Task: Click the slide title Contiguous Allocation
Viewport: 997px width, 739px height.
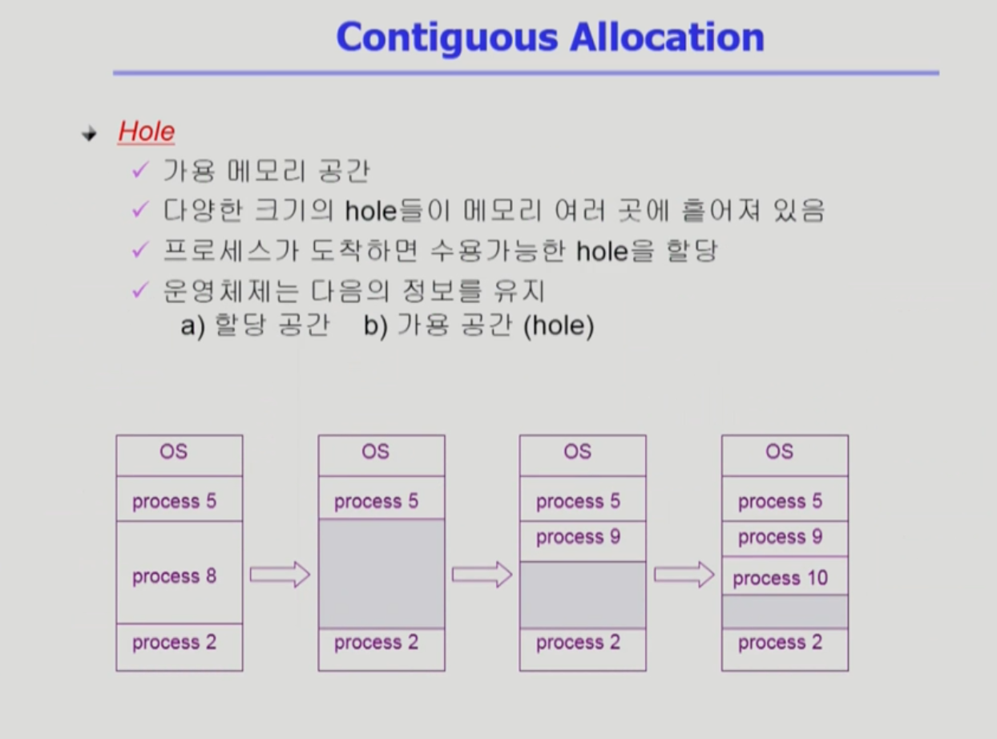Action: coord(550,37)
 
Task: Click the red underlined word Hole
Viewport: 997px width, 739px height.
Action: coord(146,131)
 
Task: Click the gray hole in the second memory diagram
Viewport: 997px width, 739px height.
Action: coord(381,573)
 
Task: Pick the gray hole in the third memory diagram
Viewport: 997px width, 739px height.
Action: coord(582,594)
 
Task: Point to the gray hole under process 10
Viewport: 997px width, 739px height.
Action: coord(784,612)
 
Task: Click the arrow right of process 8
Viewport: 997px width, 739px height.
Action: coord(280,574)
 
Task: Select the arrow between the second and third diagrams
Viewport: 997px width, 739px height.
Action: coord(482,574)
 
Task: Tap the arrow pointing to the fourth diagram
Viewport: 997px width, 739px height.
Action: coord(684,574)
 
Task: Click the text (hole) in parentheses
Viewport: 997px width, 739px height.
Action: coord(558,328)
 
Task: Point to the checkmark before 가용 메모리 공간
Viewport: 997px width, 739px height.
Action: coord(140,170)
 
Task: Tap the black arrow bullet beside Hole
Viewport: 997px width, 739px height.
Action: coord(89,134)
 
